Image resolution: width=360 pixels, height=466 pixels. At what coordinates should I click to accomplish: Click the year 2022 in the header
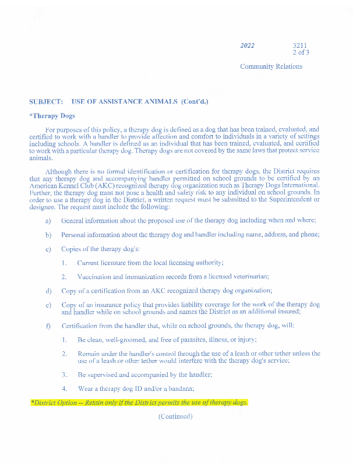click(248, 45)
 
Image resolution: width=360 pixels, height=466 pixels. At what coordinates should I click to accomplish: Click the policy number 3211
click(301, 45)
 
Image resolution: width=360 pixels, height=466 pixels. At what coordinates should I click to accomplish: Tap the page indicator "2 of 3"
click(301, 52)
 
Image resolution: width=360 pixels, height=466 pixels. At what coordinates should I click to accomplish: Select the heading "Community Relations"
click(271, 66)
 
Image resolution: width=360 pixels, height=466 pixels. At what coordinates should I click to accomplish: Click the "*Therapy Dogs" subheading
click(52, 116)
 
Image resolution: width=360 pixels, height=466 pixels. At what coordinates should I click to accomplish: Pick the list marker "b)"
click(48, 235)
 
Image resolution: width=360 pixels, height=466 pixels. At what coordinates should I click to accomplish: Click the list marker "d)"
click(48, 291)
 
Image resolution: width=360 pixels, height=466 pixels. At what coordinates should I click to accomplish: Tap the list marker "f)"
click(48, 325)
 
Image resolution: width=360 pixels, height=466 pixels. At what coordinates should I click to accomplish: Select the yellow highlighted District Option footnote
click(139, 403)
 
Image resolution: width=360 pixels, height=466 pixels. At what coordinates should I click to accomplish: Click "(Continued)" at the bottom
click(175, 416)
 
